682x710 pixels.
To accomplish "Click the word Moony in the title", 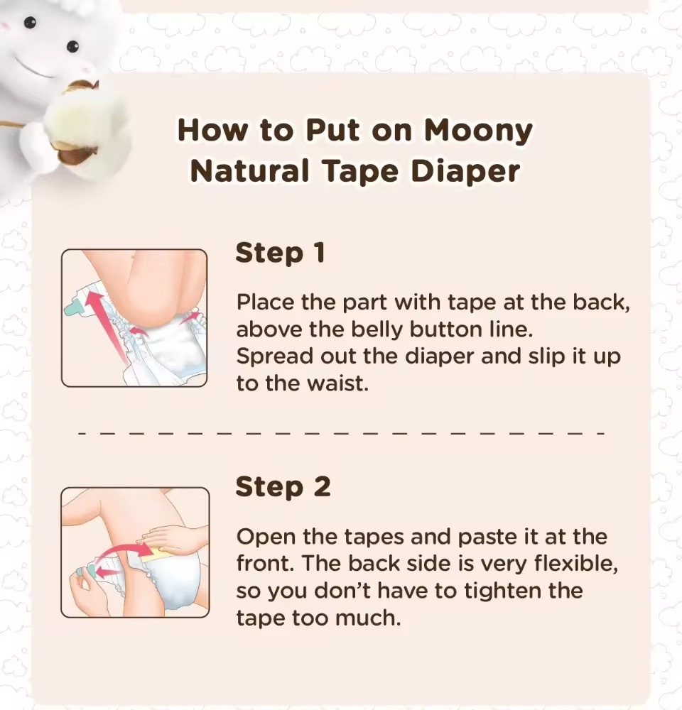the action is coord(478,131).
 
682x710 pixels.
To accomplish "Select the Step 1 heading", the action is coord(281,253).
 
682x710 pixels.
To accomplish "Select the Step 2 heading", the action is coord(283,488).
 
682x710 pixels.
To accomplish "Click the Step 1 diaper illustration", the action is coord(134,318).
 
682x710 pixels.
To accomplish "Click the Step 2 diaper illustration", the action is coord(135,552).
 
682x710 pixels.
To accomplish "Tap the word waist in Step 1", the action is coord(337,383).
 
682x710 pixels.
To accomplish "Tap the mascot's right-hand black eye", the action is coord(72,46).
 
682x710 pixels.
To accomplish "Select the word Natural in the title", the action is coord(249,171).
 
